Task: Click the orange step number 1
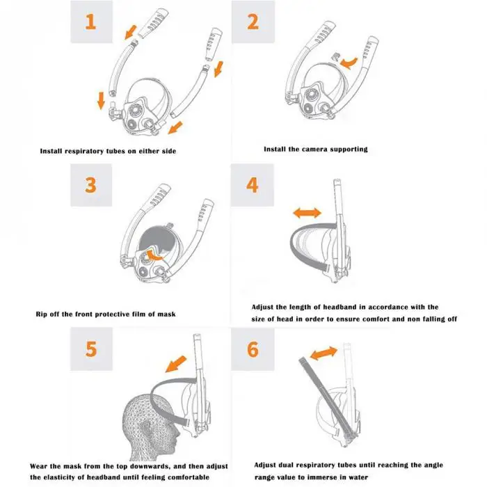click(x=91, y=22)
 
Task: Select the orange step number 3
click(x=91, y=186)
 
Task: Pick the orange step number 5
click(x=91, y=348)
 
